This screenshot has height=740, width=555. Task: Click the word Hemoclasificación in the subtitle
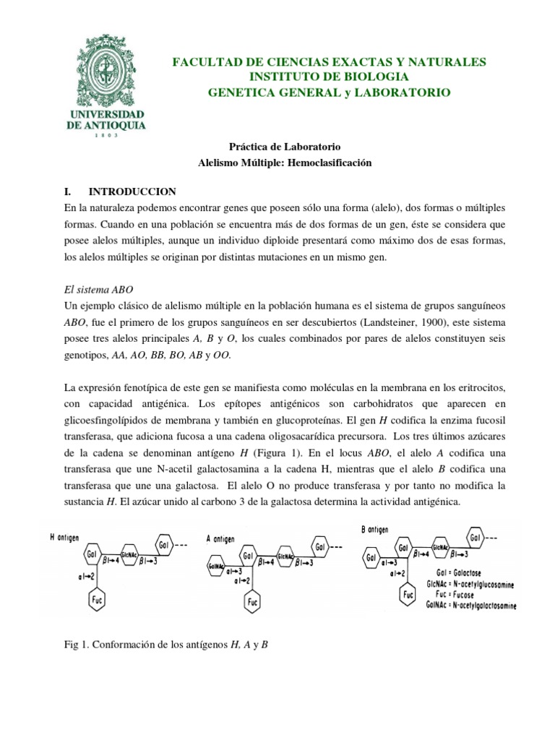click(330, 163)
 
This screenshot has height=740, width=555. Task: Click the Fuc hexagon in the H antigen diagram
click(96, 598)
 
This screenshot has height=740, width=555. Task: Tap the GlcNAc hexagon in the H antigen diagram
click(130, 551)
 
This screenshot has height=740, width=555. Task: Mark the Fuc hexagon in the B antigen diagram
click(409, 594)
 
